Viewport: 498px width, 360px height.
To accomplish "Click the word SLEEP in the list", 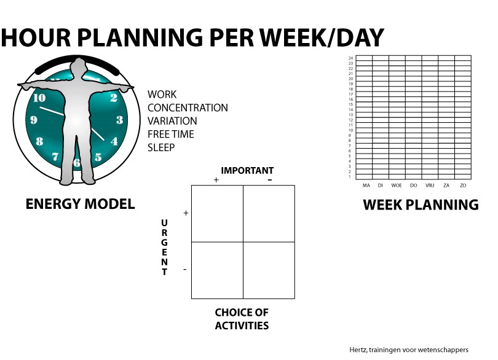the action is pyautogui.click(x=161, y=147).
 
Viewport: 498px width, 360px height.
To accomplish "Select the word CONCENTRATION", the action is pyautogui.click(x=188, y=108).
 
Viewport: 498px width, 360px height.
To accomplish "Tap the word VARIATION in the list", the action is pyautogui.click(x=172, y=121).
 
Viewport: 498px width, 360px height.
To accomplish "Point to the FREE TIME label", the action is pyautogui.click(x=171, y=135).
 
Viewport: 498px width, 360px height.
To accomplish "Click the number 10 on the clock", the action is pyautogui.click(x=39, y=98).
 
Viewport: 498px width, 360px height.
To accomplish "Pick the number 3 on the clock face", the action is pyautogui.click(x=119, y=120).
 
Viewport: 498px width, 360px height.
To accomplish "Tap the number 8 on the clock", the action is pyautogui.click(x=39, y=141).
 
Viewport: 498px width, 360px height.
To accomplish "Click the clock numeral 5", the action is pyautogui.click(x=98, y=157).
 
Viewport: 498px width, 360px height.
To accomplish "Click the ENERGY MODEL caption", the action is pyautogui.click(x=80, y=204).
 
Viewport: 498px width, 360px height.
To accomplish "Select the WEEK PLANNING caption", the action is pyautogui.click(x=421, y=205).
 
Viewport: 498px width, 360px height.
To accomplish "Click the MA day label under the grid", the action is pyautogui.click(x=366, y=186).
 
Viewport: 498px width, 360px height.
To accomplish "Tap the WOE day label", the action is pyautogui.click(x=397, y=186).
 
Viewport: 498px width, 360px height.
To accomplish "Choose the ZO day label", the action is pyautogui.click(x=463, y=186).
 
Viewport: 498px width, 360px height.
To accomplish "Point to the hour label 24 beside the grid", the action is pyautogui.click(x=350, y=58).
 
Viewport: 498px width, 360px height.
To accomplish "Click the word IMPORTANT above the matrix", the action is pyautogui.click(x=247, y=171).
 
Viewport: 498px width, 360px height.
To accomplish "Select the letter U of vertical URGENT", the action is pyautogui.click(x=164, y=223).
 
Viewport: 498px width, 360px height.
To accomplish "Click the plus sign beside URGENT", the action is pyautogui.click(x=186, y=213).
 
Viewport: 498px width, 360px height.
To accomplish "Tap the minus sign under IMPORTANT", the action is pyautogui.click(x=270, y=180).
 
